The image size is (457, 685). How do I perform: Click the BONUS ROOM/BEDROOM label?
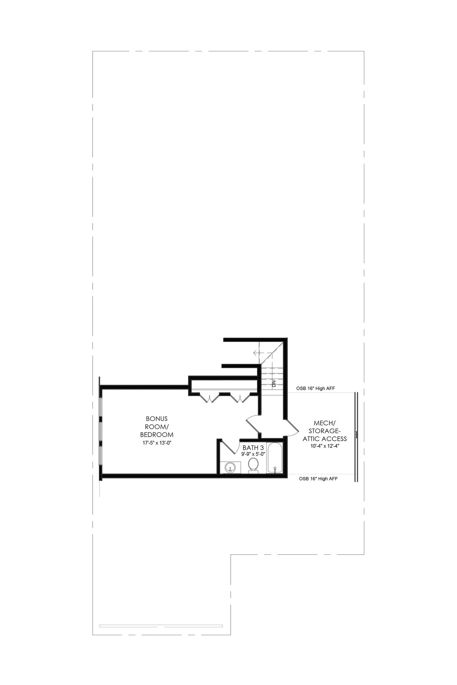[157, 427]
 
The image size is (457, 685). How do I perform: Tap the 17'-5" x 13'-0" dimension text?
[157, 443]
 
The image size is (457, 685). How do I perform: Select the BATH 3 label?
[253, 448]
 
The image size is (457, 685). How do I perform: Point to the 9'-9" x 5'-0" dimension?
[253, 454]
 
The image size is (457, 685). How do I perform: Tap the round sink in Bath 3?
[230, 467]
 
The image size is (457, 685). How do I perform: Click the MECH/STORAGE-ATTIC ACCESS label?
[324, 431]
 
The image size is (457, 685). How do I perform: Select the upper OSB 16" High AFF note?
[315, 388]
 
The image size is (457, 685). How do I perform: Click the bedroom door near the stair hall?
[254, 425]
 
